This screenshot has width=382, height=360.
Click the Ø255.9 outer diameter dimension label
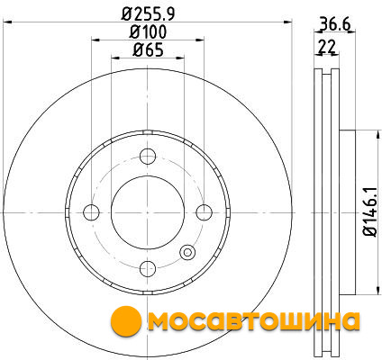[148, 13]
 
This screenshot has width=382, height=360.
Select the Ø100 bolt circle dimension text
[148, 31]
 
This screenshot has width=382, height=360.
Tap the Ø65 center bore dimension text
[148, 49]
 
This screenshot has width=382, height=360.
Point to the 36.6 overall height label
[335, 24]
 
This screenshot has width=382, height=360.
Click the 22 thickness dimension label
[327, 47]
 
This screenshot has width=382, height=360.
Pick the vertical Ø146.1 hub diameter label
[369, 212]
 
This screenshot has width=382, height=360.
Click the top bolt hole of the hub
[148, 156]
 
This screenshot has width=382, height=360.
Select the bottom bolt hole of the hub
[148, 269]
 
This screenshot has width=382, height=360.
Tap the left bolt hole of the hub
[91, 212]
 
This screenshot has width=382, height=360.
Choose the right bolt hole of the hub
[205, 212]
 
